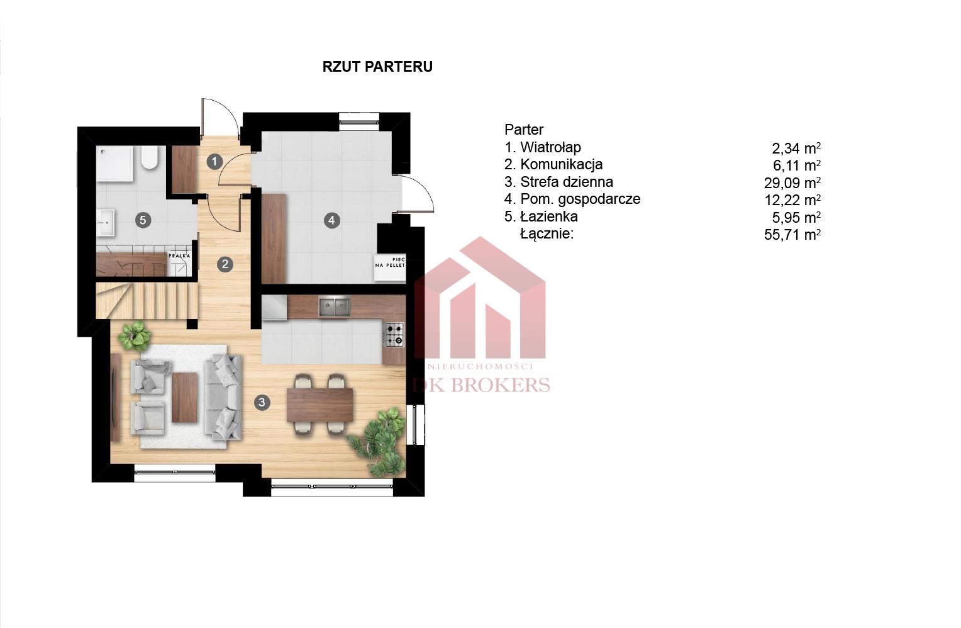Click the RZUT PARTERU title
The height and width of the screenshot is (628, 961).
(x=377, y=67)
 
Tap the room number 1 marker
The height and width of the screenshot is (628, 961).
(x=214, y=162)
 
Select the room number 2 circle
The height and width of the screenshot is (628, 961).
(x=225, y=264)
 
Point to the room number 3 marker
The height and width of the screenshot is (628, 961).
(x=262, y=402)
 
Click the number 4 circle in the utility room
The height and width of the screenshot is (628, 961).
(x=331, y=221)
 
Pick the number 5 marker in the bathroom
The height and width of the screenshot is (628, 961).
(x=143, y=221)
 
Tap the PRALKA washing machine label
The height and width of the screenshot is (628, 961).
(x=179, y=256)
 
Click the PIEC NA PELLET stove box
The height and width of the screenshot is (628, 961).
(x=390, y=268)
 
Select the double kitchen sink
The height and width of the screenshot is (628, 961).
(x=335, y=307)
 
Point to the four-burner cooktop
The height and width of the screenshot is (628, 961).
(x=394, y=335)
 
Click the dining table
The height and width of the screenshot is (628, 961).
(x=320, y=405)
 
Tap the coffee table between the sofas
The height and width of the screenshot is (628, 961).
(x=185, y=398)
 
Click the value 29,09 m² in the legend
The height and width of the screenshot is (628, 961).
(x=792, y=183)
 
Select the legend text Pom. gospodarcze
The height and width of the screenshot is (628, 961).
(x=580, y=199)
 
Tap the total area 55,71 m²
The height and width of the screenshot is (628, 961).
(x=792, y=235)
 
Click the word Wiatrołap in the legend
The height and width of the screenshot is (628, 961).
(x=551, y=147)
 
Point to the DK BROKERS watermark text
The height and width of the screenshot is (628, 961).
(x=481, y=385)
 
